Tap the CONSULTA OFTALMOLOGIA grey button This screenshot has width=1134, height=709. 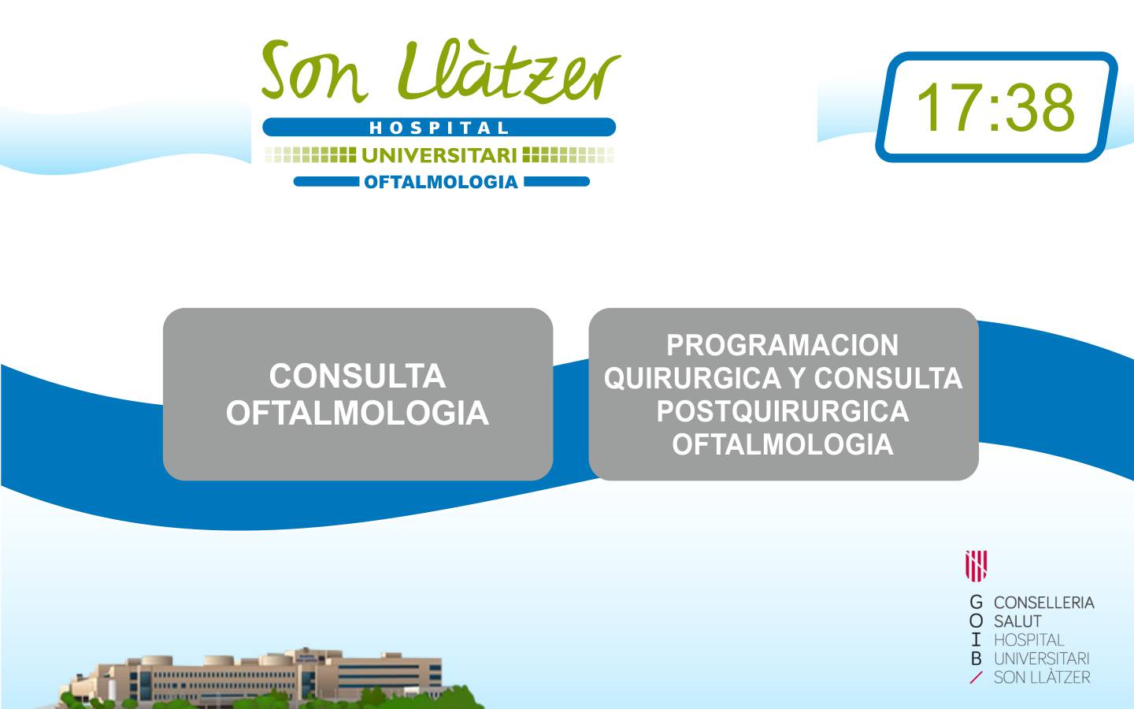point(358,394)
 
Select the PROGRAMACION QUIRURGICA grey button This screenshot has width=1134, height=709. point(783,394)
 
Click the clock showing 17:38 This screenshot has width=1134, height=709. point(996,107)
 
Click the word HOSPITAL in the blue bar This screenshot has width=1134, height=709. point(439,128)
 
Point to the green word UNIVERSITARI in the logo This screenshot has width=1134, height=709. point(439,155)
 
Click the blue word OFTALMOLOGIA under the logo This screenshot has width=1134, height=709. point(441,182)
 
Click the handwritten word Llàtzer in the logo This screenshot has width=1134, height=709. point(509,71)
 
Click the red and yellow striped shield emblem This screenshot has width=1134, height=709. point(976,566)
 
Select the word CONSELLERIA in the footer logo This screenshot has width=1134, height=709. point(1044,603)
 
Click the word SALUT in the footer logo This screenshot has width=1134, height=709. point(1017,622)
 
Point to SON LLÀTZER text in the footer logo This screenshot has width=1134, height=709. point(1042,677)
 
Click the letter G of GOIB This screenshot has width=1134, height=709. point(976,603)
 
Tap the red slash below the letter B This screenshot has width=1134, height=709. point(976,677)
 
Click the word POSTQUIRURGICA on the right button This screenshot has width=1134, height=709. point(783,411)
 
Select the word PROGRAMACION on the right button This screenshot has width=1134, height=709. point(783,345)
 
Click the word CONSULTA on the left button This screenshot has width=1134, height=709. point(358,377)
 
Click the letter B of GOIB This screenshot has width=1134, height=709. point(976,659)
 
